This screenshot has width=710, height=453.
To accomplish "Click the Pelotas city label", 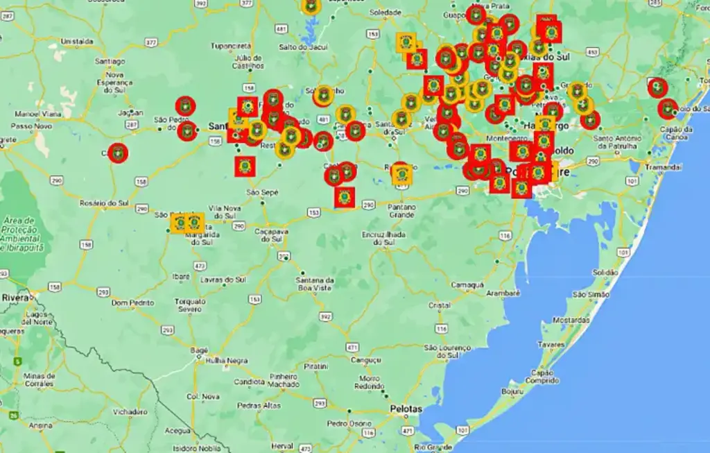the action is click(x=406, y=409).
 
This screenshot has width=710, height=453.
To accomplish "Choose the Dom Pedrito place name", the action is click(x=131, y=303).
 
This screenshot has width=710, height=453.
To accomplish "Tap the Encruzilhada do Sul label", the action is click(x=383, y=239).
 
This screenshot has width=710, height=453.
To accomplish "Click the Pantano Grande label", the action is click(x=402, y=211).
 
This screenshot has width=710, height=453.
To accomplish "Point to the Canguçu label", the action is click(x=366, y=360).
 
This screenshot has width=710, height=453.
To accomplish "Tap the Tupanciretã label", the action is click(x=230, y=46).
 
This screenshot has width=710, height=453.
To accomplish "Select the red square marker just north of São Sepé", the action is click(x=245, y=166).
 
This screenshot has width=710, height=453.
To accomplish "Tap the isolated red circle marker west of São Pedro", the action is click(x=119, y=153).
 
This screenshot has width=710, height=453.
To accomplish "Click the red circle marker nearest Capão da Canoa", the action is click(x=667, y=109).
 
